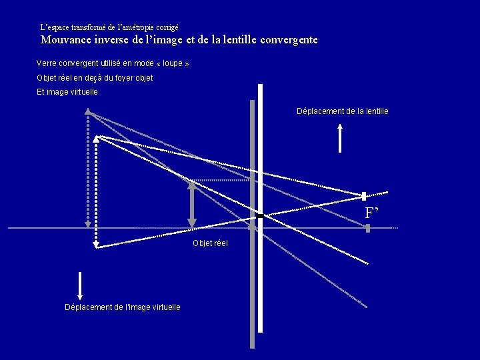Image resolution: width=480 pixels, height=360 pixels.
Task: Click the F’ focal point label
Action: [x=372, y=213]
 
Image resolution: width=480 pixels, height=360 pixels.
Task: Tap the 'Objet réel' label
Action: [x=210, y=243]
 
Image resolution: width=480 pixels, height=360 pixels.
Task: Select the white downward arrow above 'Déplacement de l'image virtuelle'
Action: [x=80, y=286]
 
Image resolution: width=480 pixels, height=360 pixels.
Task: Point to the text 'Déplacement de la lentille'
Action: [x=342, y=111]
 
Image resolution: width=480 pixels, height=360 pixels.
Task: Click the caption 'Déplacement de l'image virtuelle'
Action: [x=122, y=307]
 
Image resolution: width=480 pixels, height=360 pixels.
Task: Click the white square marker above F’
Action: [x=364, y=196]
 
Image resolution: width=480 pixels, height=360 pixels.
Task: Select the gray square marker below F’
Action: [x=367, y=228]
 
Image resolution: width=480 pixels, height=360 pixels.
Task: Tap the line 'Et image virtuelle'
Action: [x=67, y=92]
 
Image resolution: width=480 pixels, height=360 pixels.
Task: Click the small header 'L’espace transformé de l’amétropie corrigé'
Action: [x=109, y=28]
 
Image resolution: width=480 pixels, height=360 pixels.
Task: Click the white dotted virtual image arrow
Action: [x=96, y=193]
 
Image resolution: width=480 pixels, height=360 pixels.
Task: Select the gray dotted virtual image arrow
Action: [x=87, y=170]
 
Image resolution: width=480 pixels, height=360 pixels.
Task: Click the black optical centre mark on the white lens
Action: [x=260, y=216]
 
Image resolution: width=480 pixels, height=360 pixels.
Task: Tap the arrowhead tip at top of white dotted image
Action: [x=96, y=137]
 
